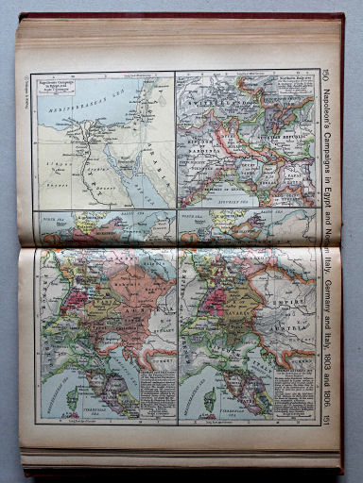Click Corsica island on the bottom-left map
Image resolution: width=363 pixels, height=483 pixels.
[70, 397]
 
